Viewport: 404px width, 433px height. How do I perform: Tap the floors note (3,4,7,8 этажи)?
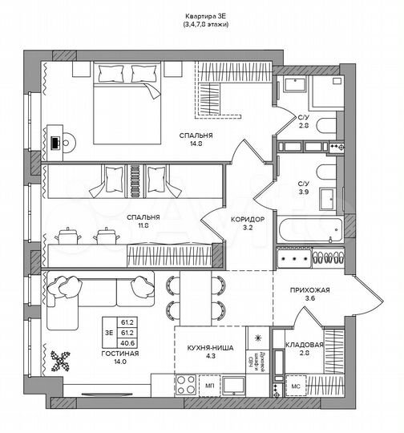(200, 26)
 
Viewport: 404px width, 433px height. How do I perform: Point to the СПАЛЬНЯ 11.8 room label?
(143, 222)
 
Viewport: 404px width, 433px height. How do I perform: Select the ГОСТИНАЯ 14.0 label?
(120, 357)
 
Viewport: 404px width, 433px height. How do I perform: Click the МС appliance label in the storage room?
(296, 388)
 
